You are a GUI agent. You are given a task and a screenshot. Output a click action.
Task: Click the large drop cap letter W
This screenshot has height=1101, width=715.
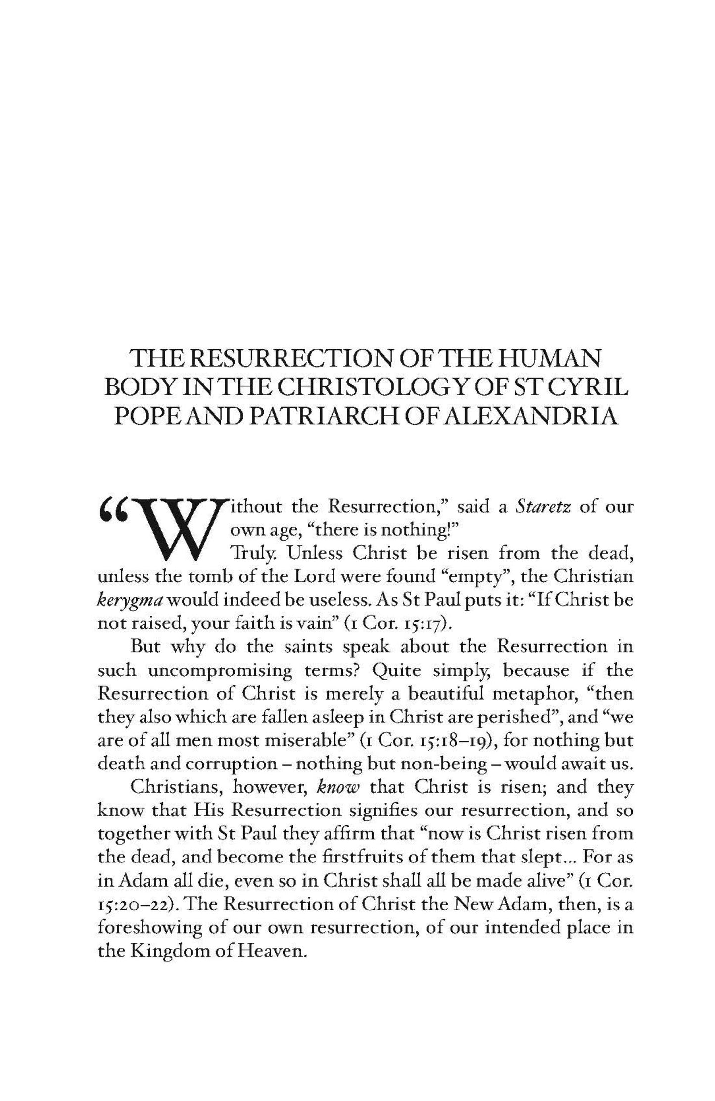click(176, 528)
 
